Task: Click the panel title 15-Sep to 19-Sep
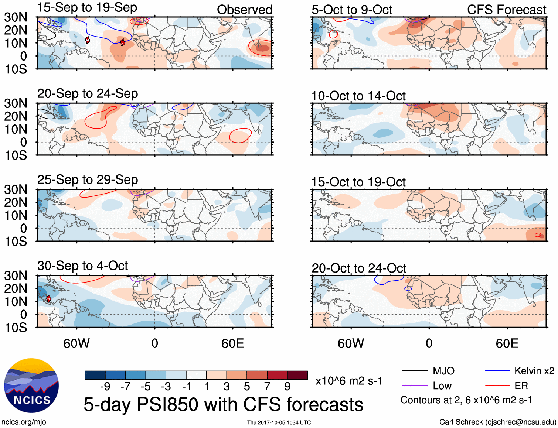(87, 7)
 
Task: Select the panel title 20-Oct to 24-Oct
(359, 268)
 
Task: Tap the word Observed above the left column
(244, 10)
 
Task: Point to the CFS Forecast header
(506, 10)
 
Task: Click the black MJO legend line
(415, 371)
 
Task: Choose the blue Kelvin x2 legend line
(497, 371)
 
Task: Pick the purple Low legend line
(415, 386)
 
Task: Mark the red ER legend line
(497, 386)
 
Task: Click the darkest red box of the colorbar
(297, 375)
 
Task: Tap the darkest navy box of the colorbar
(95, 375)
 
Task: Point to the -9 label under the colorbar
(105, 387)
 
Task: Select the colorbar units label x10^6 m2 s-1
(349, 381)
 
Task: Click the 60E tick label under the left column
(232, 344)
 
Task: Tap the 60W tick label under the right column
(351, 344)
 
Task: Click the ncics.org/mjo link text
(24, 422)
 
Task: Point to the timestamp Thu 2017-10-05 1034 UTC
(279, 422)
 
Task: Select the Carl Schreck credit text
(497, 422)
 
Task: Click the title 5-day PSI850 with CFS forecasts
(223, 404)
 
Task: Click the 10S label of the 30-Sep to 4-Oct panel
(16, 328)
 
